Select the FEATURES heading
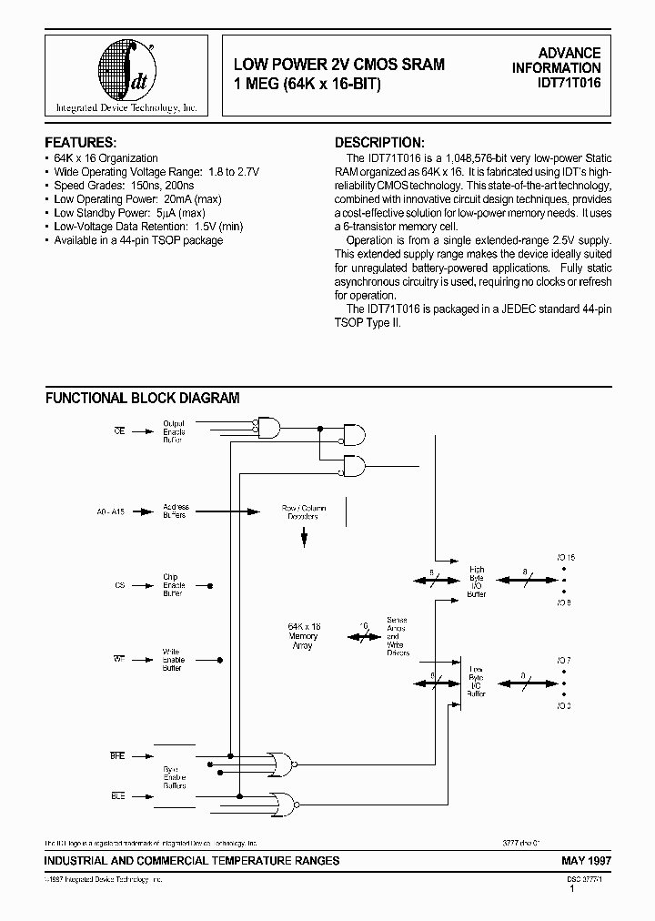coord(81,143)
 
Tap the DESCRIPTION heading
coord(379,143)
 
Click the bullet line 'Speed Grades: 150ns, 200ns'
coord(118,185)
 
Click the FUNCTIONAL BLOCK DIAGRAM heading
coord(143,398)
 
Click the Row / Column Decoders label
coord(305,512)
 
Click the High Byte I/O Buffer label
coord(477,582)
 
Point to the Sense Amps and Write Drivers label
coord(398,636)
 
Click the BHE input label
coord(119,755)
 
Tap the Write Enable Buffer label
coord(173,660)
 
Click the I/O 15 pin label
coord(566,556)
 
